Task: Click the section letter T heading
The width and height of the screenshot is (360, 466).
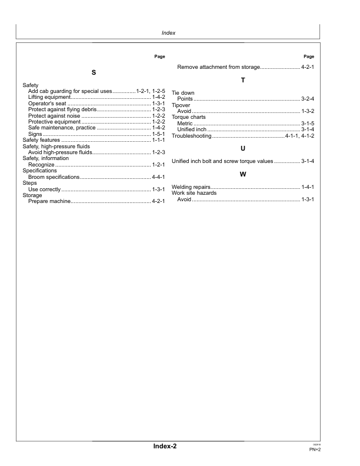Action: click(243, 80)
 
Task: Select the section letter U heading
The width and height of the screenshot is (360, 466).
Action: click(243, 148)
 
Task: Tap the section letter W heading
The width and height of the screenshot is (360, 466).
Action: click(243, 174)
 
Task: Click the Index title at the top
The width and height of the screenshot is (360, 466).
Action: click(168, 33)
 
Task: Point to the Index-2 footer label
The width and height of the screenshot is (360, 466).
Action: click(165, 447)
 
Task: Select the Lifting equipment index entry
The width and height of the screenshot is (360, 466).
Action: click(49, 97)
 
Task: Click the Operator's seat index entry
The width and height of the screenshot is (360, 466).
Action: click(47, 104)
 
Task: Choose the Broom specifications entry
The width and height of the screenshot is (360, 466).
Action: click(53, 177)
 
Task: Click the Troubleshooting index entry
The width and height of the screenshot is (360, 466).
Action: click(191, 136)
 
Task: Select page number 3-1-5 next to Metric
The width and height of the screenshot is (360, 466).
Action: click(308, 123)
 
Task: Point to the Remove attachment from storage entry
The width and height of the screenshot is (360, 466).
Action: click(218, 68)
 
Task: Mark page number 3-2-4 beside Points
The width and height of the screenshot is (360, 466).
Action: click(308, 98)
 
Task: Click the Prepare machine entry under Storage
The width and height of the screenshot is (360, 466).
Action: click(49, 202)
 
